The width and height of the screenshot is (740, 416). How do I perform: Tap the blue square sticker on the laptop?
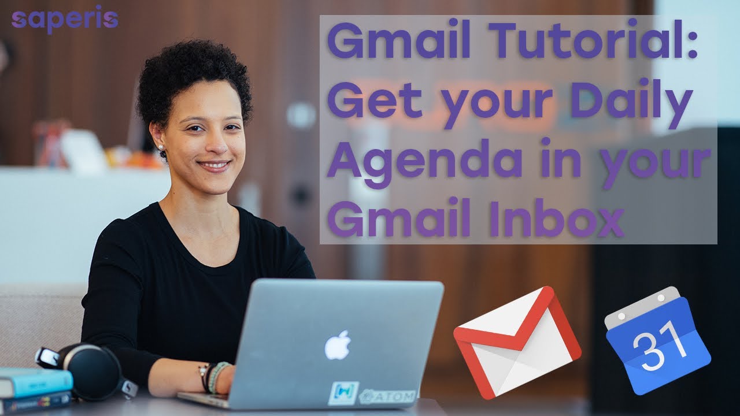tap(343, 393)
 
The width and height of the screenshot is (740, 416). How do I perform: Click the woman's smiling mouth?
tap(214, 166)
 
